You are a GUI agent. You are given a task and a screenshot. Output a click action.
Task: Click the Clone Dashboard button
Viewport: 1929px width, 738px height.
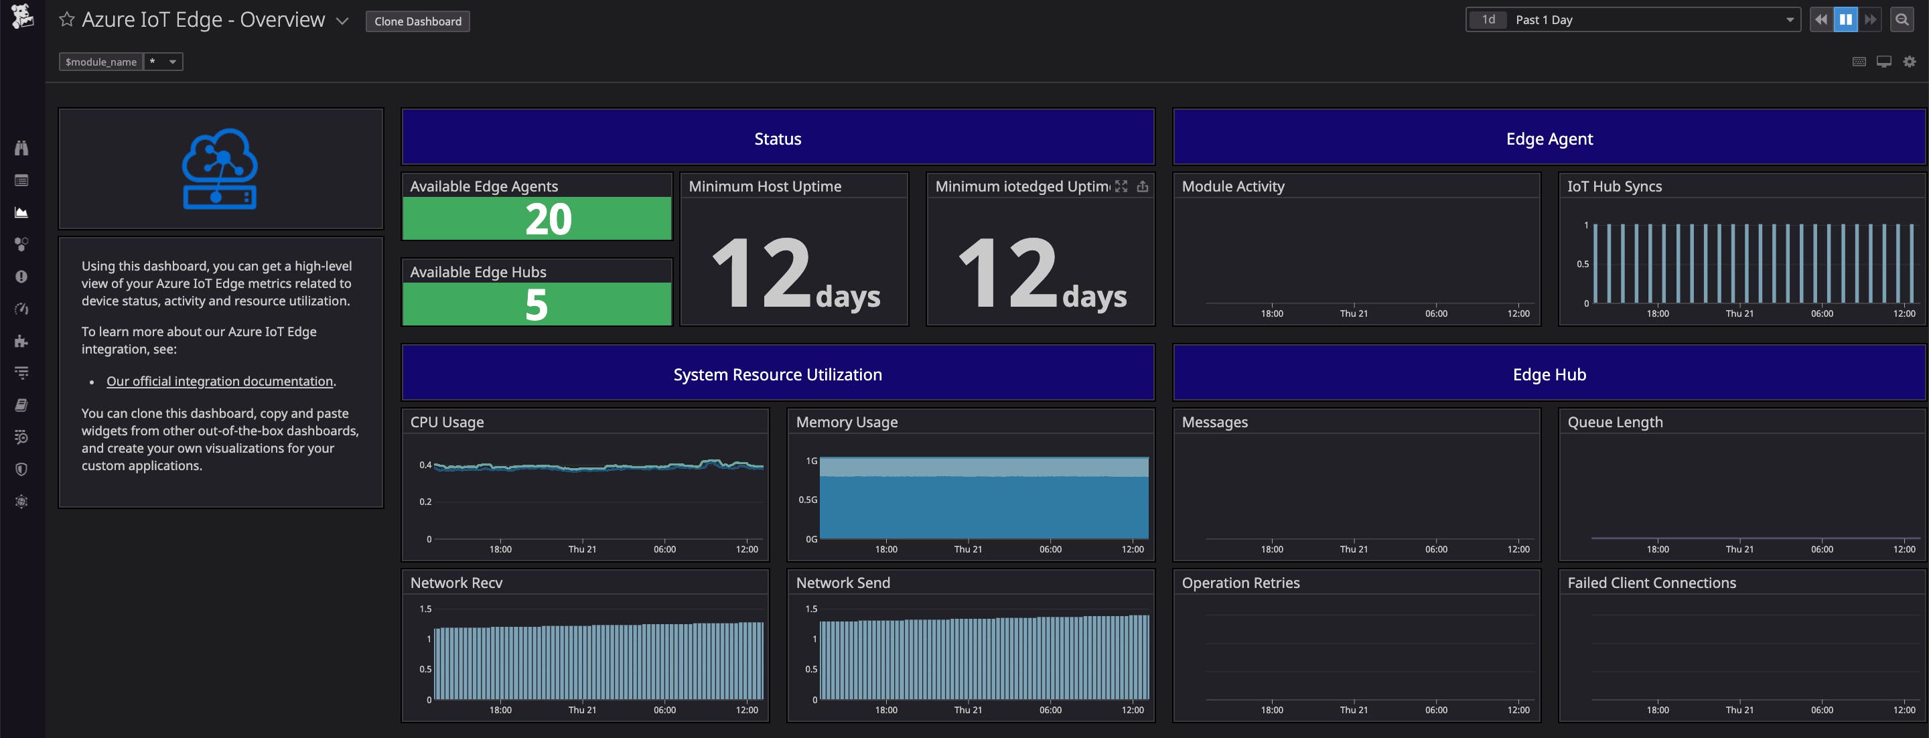click(x=418, y=21)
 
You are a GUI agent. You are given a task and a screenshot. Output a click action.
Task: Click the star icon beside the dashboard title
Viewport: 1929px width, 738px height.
click(x=67, y=19)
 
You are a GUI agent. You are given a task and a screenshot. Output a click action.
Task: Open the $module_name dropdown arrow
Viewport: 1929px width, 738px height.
click(x=172, y=62)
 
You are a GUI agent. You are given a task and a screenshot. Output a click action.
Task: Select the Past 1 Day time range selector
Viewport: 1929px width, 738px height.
click(x=1632, y=20)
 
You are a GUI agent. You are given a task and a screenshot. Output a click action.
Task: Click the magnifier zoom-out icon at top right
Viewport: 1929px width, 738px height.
click(x=1902, y=20)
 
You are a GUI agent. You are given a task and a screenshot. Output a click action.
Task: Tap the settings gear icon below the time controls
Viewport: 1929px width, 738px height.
click(x=1910, y=62)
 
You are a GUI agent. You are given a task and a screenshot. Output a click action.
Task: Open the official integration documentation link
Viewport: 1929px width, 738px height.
click(x=220, y=381)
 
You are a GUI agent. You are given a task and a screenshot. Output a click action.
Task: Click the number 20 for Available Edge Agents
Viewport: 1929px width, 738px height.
click(x=548, y=219)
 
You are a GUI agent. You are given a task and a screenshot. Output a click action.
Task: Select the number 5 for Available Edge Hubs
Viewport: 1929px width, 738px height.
click(x=536, y=305)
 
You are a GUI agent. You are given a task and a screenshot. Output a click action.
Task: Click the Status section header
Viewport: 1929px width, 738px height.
click(x=777, y=139)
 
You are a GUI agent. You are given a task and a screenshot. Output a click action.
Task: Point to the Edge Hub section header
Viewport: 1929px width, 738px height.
click(x=1549, y=374)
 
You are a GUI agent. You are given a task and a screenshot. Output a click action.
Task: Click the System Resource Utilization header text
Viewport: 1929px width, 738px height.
click(x=777, y=374)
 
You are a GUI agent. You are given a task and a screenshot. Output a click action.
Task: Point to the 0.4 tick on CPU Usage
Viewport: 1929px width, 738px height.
click(x=425, y=465)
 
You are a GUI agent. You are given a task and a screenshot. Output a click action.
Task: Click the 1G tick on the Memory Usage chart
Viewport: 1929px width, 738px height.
click(x=811, y=461)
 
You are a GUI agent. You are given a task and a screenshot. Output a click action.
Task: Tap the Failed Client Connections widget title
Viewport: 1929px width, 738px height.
click(x=1651, y=583)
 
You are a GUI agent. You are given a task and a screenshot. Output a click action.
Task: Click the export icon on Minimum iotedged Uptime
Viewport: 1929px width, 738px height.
click(x=1142, y=186)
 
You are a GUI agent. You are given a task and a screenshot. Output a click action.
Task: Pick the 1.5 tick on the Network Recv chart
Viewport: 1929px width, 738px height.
click(x=425, y=609)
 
